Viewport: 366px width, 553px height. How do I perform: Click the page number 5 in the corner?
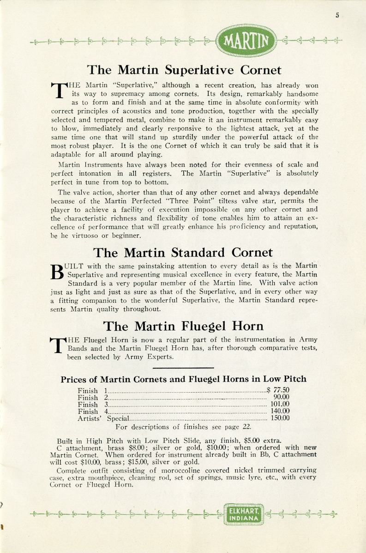click(337, 15)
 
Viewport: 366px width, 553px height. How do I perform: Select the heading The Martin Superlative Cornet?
click(184, 70)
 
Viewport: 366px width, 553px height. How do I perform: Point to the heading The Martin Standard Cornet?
click(183, 253)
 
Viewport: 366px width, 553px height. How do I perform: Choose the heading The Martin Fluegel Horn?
click(183, 326)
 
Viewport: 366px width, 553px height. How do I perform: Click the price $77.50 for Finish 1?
click(278, 390)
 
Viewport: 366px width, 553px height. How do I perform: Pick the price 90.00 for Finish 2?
click(281, 397)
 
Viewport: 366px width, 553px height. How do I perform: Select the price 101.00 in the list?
click(280, 404)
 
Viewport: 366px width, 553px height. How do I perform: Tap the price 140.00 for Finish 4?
click(280, 411)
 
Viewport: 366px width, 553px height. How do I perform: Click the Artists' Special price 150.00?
click(280, 418)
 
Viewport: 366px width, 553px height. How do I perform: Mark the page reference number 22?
click(247, 427)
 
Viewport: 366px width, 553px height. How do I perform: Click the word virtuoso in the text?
click(75, 235)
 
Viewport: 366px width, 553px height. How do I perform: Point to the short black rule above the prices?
click(183, 367)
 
